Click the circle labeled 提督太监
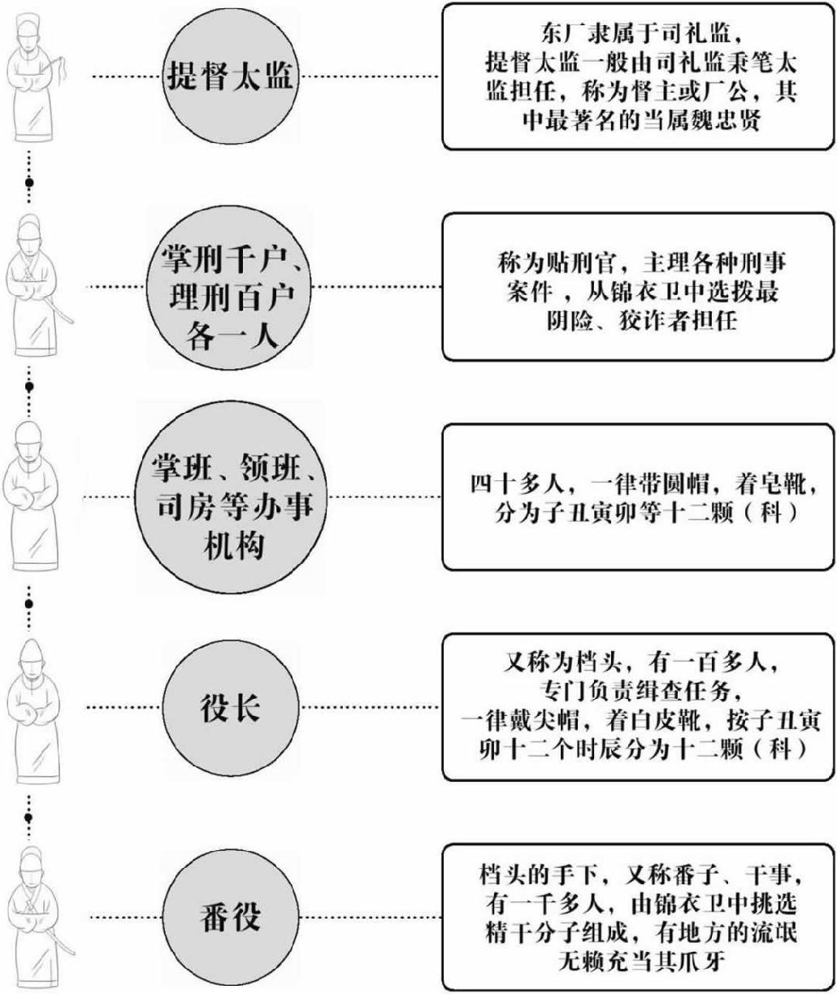tap(230, 77)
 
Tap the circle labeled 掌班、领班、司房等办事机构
tap(230, 497)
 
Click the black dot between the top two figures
tap(29, 184)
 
